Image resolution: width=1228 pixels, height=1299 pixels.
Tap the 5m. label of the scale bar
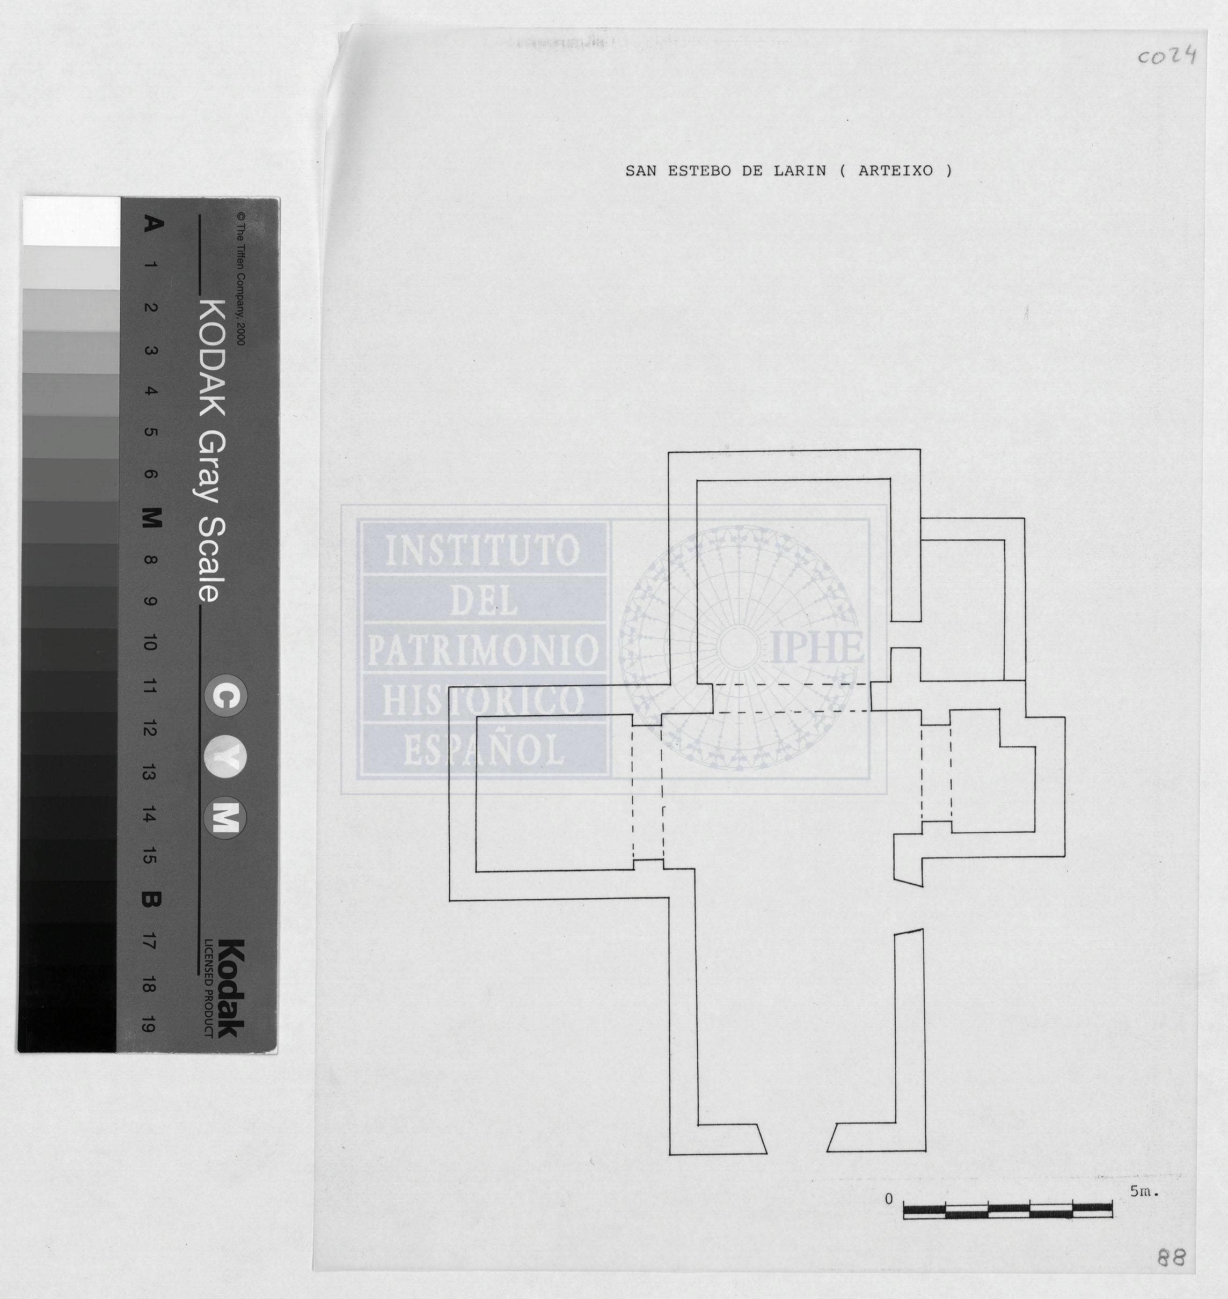point(1144,1192)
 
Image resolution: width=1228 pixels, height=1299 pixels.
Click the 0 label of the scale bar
point(888,1199)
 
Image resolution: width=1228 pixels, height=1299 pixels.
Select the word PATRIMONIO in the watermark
point(483,650)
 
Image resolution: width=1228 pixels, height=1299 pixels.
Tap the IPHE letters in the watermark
point(817,647)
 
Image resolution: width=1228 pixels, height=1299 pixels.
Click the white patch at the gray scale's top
point(71,222)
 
